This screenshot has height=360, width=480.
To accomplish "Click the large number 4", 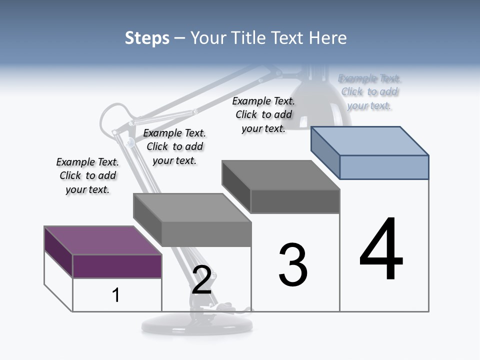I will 381,250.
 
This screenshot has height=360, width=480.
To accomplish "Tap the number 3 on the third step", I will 292,265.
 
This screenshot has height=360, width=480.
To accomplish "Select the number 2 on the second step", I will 201,280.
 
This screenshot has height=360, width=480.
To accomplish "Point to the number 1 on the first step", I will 115,295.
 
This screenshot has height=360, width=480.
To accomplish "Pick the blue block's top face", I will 370,140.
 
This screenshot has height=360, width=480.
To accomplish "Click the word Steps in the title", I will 147,38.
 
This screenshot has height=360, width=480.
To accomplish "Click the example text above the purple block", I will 87,175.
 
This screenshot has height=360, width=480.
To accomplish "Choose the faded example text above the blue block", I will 369,91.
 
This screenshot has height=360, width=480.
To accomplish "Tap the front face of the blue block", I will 384,167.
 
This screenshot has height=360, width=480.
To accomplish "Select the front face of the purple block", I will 117,266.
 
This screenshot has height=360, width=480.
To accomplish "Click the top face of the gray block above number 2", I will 192,207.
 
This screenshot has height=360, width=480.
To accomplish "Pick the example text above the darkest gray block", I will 263,114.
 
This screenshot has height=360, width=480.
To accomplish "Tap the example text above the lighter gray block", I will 174,146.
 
